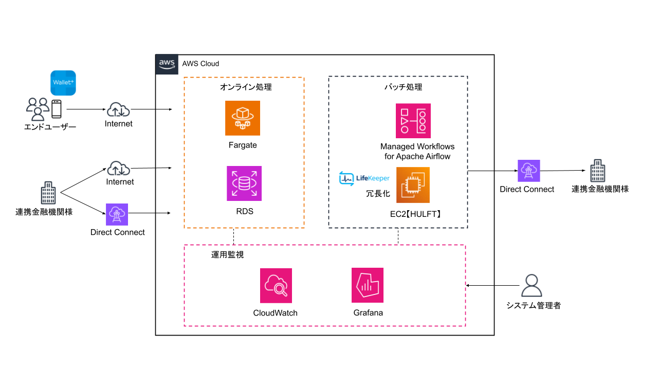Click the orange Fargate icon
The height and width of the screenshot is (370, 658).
tap(243, 118)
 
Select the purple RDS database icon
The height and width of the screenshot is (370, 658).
tap(244, 183)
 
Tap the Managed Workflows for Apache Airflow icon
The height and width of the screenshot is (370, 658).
tap(413, 121)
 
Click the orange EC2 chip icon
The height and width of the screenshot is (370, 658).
tap(413, 185)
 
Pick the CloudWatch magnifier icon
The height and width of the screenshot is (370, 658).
tap(276, 286)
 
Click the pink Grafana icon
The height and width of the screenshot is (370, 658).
tap(368, 285)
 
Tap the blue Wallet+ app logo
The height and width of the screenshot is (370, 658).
tap(63, 83)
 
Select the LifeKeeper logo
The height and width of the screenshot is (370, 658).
tap(364, 178)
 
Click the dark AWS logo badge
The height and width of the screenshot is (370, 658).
tap(167, 64)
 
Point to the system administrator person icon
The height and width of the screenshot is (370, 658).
tap(532, 286)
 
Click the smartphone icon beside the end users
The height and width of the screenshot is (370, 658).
tap(56, 109)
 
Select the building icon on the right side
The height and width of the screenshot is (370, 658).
tap(598, 171)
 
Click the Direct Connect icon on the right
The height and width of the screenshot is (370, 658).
tap(528, 171)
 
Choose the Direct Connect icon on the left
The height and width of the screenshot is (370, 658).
tap(117, 214)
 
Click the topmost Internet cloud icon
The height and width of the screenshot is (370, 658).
tap(119, 109)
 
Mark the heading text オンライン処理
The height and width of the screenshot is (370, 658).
tap(246, 87)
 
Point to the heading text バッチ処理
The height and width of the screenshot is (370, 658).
tap(404, 87)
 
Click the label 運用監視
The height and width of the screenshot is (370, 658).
tap(227, 254)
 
